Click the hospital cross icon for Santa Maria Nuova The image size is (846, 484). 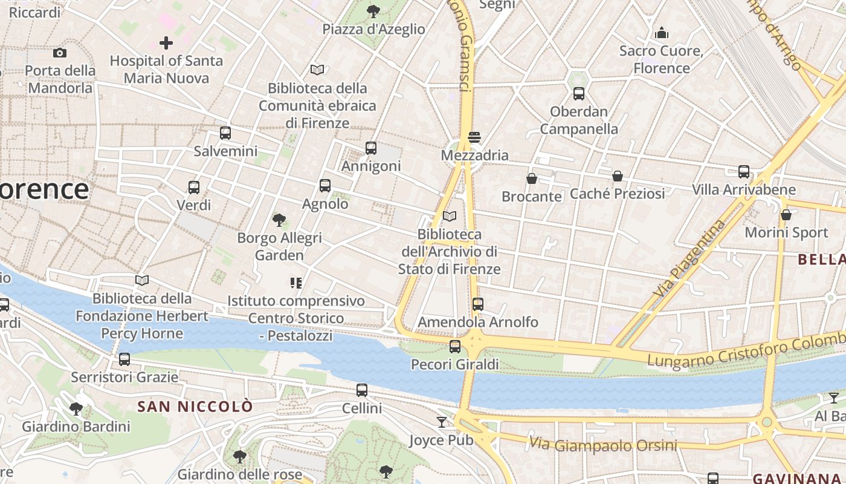(166, 43)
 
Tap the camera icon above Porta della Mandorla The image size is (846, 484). (60, 53)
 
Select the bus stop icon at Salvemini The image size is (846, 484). (225, 133)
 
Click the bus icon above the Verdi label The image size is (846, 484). (193, 188)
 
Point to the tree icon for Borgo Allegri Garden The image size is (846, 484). (279, 220)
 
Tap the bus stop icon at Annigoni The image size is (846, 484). (371, 148)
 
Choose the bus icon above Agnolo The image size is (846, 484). (325, 186)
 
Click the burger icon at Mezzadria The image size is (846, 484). (474, 137)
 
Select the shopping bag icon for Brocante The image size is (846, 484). (532, 178)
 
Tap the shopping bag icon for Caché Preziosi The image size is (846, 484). (618, 176)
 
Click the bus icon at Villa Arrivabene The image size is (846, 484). (743, 172)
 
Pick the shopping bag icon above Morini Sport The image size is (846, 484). (786, 215)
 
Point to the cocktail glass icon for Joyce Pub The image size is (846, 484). (442, 422)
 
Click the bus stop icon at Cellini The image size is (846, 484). (362, 390)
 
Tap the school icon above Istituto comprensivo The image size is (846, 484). (295, 283)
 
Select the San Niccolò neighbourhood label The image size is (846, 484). (195, 407)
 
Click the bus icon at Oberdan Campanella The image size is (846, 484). (579, 94)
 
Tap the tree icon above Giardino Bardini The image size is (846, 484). (76, 408)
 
